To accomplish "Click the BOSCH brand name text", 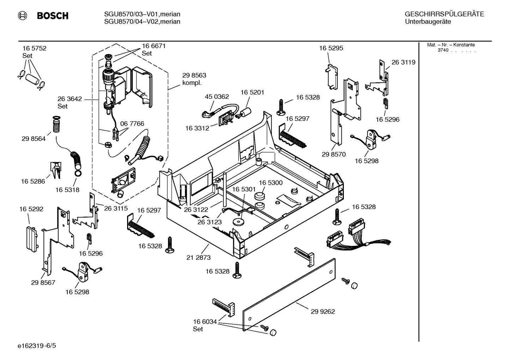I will click(x=53, y=16).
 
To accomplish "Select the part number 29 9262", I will click(x=323, y=312).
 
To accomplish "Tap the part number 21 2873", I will click(x=198, y=258).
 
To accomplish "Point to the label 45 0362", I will click(x=217, y=96).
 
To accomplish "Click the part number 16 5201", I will click(x=252, y=92).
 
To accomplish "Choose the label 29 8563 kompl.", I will click(x=194, y=79).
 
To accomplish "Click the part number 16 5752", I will click(x=34, y=48).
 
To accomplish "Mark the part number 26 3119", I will click(x=403, y=62).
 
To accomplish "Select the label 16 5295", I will click(x=331, y=48).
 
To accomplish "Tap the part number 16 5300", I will click(x=271, y=183).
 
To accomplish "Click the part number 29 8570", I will click(x=334, y=154).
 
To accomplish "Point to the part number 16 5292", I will click(x=31, y=209).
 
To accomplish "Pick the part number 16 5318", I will click(x=67, y=190).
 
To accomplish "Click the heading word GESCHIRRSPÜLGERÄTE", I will click(x=444, y=14).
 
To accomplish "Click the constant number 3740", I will click(x=443, y=50).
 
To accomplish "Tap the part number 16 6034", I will click(x=205, y=321).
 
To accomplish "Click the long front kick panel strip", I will click(x=289, y=295).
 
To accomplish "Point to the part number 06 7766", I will click(x=132, y=124).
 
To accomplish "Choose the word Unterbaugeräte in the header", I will click(x=428, y=22).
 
